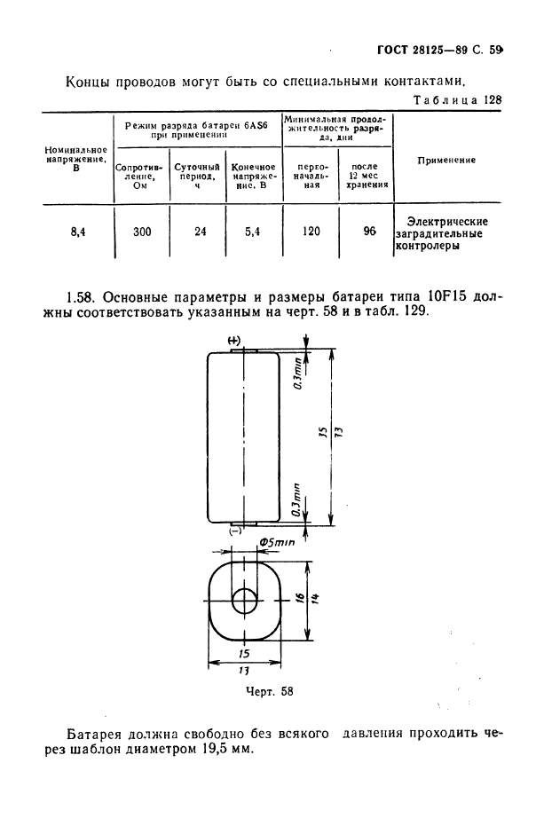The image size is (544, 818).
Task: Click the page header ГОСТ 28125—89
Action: click(420, 50)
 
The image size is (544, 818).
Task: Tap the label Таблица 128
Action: click(457, 99)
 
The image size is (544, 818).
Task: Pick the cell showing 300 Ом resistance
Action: click(142, 232)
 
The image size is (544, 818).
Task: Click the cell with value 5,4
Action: click(253, 232)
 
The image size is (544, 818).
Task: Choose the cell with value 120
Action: click(311, 231)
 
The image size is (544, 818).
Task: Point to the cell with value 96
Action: click(370, 231)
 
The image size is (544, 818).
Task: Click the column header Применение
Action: click(446, 161)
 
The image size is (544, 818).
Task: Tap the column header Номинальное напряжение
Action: click(76, 159)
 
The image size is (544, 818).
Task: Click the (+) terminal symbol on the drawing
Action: click(234, 341)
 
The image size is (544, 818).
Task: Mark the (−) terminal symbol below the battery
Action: click(235, 531)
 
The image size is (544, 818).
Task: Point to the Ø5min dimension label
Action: click(277, 543)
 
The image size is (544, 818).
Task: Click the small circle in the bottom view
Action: click(245, 601)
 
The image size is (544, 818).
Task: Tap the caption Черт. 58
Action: click(270, 692)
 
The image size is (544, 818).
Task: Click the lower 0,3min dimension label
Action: click(297, 500)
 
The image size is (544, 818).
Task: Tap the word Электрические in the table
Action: click(447, 221)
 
